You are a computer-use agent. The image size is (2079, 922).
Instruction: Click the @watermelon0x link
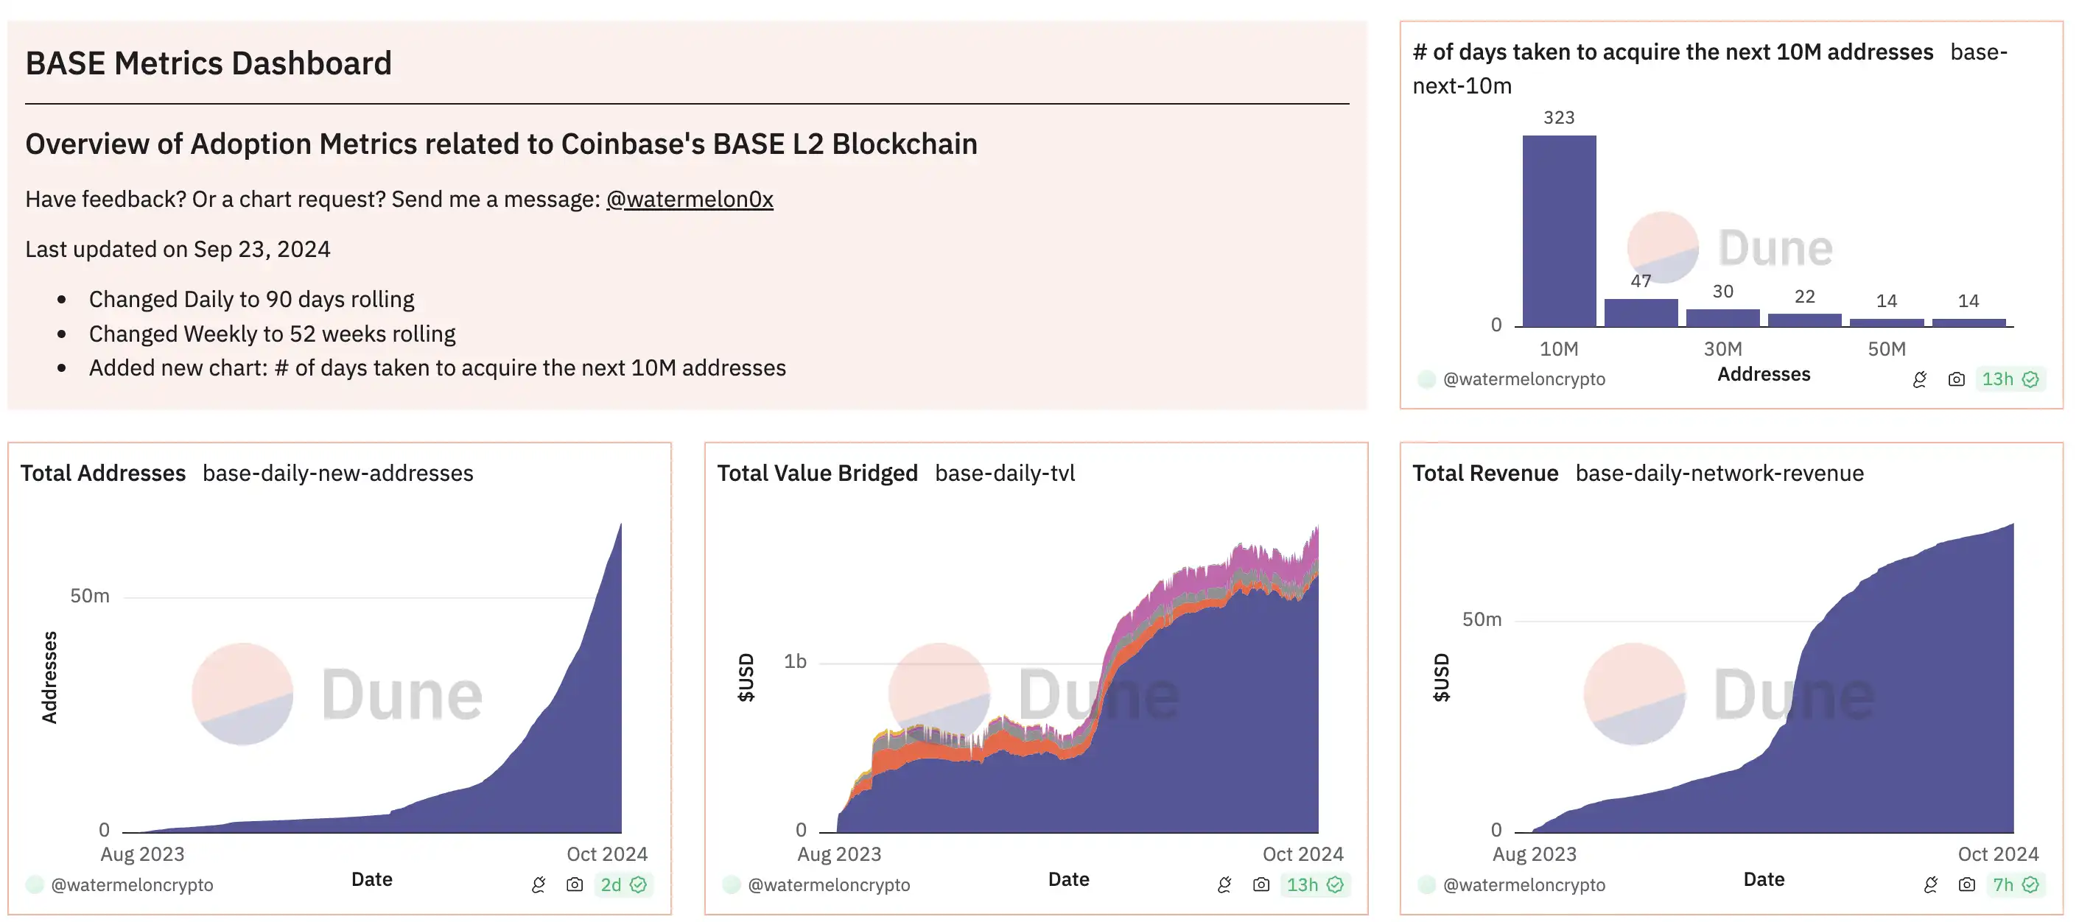coord(690,200)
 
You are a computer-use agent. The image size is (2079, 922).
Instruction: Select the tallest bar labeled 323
coord(1558,230)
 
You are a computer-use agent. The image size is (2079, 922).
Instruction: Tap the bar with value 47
coord(1640,312)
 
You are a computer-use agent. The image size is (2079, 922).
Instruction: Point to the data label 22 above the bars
coord(1805,296)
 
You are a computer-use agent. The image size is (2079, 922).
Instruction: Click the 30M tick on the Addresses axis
coord(1722,349)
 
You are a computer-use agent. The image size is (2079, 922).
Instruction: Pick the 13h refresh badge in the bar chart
coord(2010,379)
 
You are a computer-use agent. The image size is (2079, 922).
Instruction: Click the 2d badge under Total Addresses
coord(623,885)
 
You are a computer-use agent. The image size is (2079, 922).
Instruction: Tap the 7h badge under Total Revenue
coord(2015,885)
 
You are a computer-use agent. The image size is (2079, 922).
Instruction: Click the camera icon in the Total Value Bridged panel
coord(1261,885)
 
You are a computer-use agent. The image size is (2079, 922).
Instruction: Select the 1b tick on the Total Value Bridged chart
coord(795,661)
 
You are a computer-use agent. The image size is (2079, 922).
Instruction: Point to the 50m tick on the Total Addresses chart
coord(90,596)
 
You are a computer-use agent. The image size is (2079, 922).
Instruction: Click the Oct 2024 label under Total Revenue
coord(1997,854)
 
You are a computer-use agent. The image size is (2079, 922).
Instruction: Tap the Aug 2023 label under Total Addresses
coord(142,854)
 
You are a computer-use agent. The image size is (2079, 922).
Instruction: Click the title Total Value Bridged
coord(817,474)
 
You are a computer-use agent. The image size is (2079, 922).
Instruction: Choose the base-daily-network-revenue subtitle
coord(1719,474)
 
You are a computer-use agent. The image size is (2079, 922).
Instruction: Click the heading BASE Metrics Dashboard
coord(208,63)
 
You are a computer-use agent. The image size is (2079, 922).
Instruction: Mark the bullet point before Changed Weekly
coord(62,334)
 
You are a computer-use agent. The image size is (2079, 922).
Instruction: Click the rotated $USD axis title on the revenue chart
coord(1442,678)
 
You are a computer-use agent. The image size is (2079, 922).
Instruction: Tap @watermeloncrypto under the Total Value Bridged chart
coord(828,885)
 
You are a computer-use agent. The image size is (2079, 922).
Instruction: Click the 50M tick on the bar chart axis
coord(1886,349)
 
